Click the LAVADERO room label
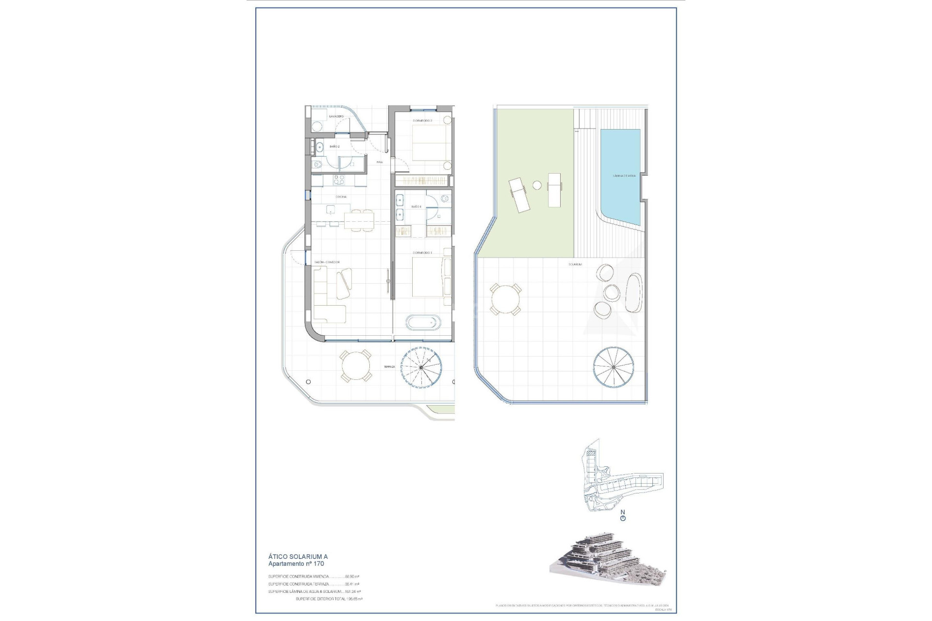click(336, 117)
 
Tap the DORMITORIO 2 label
click(422, 120)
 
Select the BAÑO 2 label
click(334, 146)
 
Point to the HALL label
click(380, 162)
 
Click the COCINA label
click(341, 197)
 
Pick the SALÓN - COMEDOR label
click(327, 262)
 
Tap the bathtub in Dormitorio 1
click(423, 322)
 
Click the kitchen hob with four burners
click(339, 180)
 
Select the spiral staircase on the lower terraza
click(419, 366)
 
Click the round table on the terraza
click(355, 366)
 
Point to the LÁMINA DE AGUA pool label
click(624, 176)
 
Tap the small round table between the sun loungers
click(537, 185)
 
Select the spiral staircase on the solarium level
click(614, 367)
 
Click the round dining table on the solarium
click(505, 300)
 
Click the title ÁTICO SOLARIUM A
click(298, 557)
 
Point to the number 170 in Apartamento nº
click(318, 564)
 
